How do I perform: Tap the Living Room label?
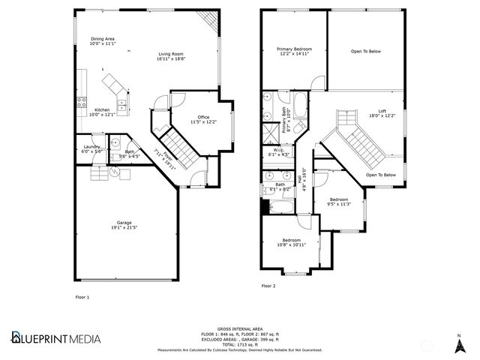click(171, 55)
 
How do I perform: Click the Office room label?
click(202, 119)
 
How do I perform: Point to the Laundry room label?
click(91, 148)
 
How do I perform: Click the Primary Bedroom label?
click(294, 51)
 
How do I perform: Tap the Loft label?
click(382, 113)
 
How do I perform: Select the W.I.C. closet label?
click(277, 152)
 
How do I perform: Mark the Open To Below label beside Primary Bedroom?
click(366, 51)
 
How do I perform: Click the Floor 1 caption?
click(82, 297)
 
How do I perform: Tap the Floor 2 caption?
click(268, 286)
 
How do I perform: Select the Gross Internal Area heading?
click(240, 328)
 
